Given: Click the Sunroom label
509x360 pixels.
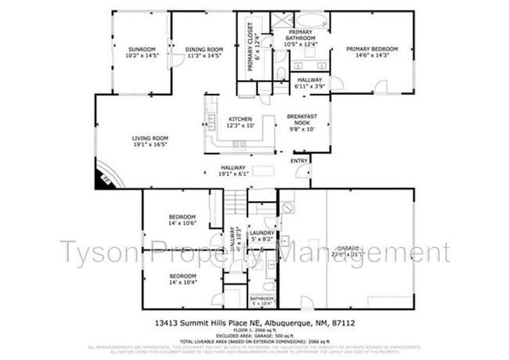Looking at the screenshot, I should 143,52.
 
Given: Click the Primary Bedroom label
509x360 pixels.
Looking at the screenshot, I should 372,52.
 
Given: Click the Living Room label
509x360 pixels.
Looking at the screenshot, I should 150,142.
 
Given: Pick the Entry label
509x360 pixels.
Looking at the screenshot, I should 299,161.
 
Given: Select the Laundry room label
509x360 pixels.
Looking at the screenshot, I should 261,235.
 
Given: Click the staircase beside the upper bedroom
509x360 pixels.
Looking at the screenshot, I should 236,203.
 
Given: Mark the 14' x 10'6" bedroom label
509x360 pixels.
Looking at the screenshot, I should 182,221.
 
